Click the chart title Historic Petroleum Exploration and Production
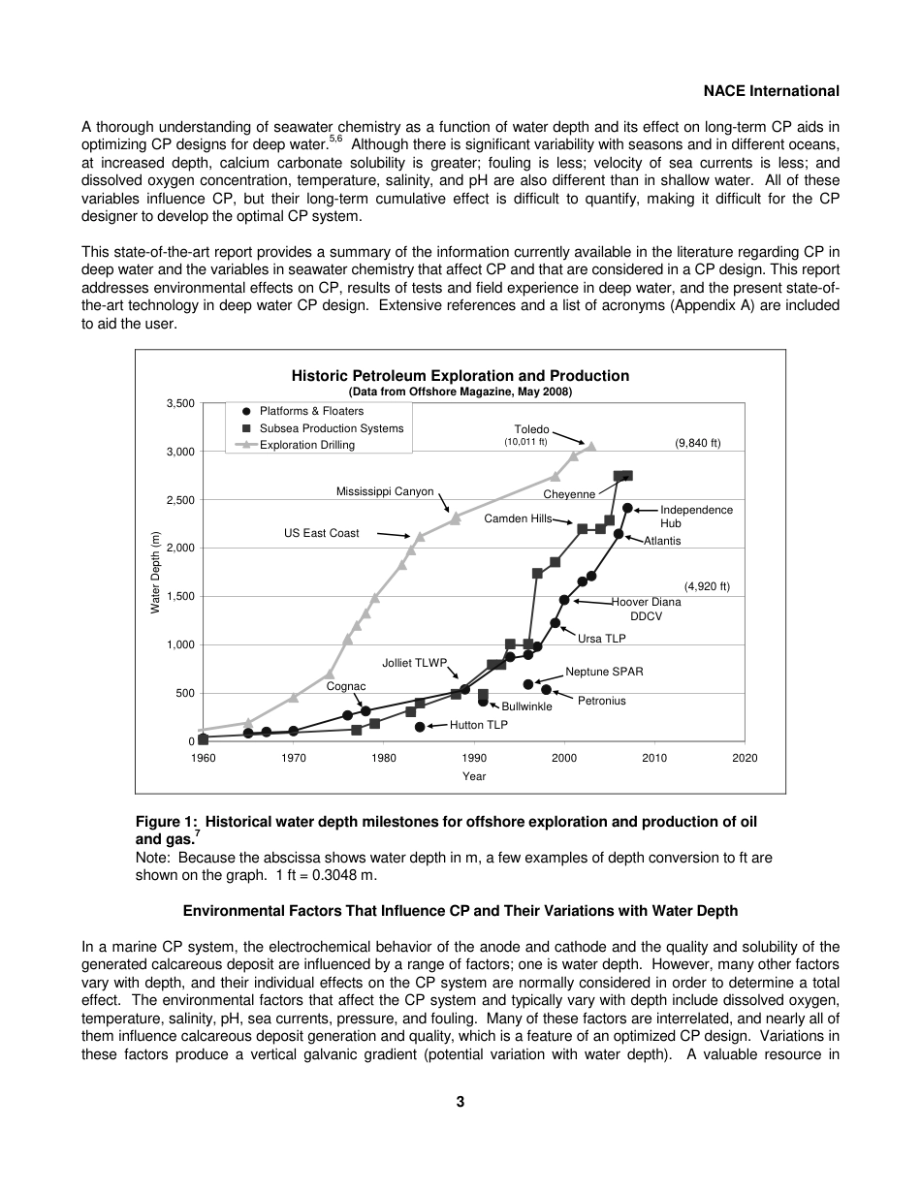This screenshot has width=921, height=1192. [x=460, y=376]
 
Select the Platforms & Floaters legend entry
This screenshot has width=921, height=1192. [x=310, y=411]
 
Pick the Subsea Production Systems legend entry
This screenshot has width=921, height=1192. [x=330, y=428]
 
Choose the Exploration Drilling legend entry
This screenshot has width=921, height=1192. [x=306, y=445]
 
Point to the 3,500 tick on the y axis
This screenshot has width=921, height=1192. [x=180, y=403]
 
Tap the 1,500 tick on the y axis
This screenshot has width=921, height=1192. [x=180, y=597]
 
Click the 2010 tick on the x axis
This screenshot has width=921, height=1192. [x=654, y=758]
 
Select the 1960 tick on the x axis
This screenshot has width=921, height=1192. [x=203, y=758]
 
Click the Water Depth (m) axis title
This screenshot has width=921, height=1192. [x=155, y=572]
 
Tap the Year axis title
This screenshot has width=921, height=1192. [x=473, y=776]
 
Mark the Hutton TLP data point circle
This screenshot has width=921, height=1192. [x=420, y=726]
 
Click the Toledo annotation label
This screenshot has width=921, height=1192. [x=531, y=429]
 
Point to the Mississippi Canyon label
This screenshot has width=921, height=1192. [x=385, y=491]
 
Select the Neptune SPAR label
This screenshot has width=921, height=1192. [x=604, y=672]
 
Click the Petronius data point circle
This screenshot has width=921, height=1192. [x=546, y=690]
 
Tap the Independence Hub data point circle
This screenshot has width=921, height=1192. [x=627, y=508]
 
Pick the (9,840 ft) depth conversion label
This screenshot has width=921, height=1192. [x=697, y=443]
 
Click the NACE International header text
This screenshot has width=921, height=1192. [x=771, y=91]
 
